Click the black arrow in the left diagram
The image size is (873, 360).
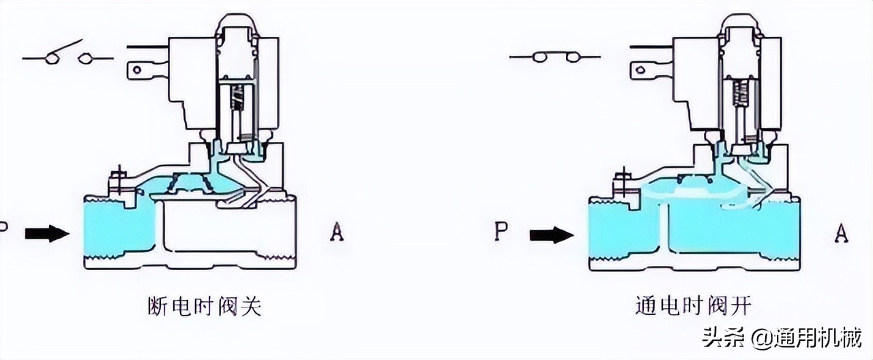47,234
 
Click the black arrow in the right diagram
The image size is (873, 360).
552,235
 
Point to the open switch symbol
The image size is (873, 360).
68,57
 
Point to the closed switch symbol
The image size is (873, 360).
554,57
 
